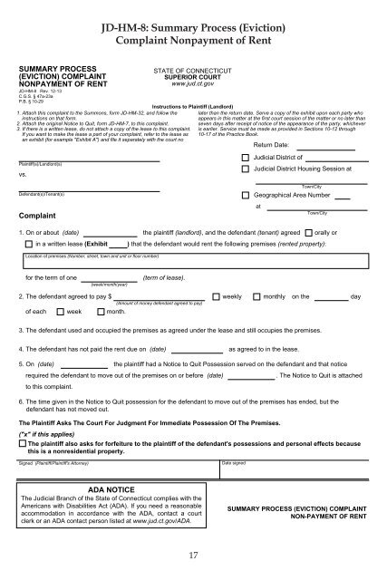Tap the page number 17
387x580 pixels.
point(194,555)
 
